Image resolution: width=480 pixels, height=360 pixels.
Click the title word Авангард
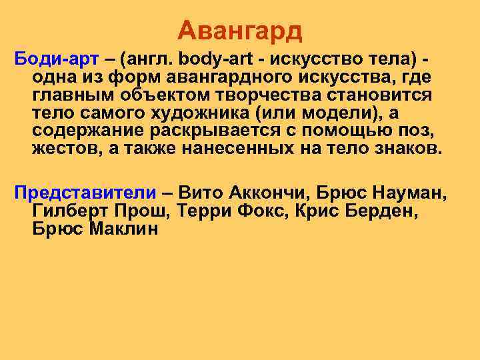click(240, 29)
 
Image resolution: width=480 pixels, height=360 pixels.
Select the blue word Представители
click(85, 193)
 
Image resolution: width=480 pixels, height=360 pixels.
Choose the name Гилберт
click(68, 212)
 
